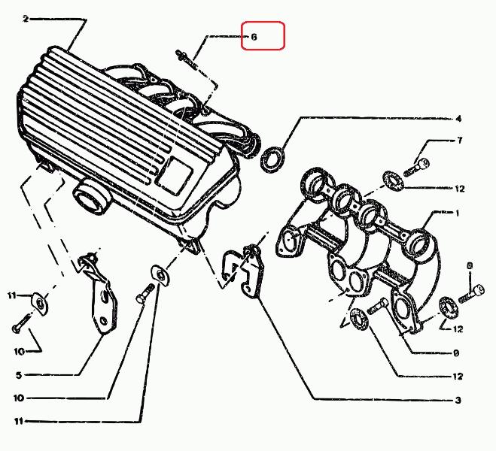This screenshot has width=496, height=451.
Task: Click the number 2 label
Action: click(25, 19)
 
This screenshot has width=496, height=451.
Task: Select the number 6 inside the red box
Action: click(254, 35)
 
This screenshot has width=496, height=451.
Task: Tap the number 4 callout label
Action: click(458, 118)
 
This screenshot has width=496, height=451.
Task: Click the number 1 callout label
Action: click(458, 213)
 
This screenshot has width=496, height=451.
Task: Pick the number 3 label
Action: click(458, 401)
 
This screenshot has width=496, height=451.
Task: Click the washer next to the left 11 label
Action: click(40, 302)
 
